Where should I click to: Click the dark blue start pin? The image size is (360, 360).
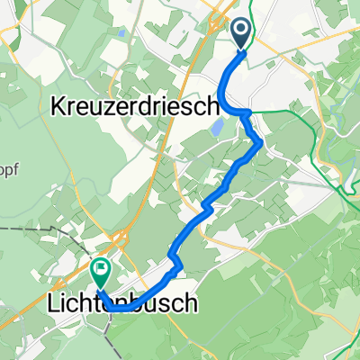tap(243, 33)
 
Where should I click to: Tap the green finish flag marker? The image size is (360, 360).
tap(102, 268)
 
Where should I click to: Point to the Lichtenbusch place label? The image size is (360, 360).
tap(120, 305)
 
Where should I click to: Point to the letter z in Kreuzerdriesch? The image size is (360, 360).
tap(107, 107)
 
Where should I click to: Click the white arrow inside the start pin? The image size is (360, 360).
tap(243, 31)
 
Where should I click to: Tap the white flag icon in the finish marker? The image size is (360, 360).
tap(102, 266)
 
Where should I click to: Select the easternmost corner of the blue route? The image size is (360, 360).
tap(261, 142)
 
